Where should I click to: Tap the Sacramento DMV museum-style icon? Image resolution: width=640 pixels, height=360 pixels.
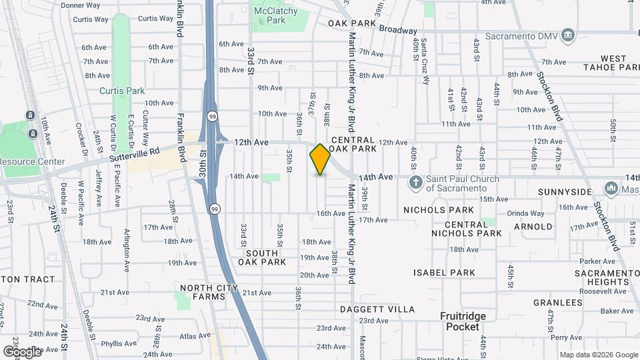pyautogui.click(x=567, y=35)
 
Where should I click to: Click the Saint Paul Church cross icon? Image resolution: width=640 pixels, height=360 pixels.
pyautogui.click(x=415, y=183)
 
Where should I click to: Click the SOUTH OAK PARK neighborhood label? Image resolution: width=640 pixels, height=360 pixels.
pyautogui.click(x=265, y=257)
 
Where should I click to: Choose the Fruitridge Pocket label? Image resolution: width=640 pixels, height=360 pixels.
pyautogui.click(x=463, y=321)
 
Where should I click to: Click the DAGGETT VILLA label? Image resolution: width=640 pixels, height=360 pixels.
pyautogui.click(x=377, y=309)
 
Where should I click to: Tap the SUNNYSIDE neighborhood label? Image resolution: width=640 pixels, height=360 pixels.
pyautogui.click(x=563, y=192)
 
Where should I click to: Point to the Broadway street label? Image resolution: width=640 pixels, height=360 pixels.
pyautogui.click(x=398, y=30)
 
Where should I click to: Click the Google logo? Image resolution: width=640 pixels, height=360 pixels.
pyautogui.click(x=22, y=351)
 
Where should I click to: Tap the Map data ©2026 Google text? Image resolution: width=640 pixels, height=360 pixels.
pyautogui.click(x=598, y=355)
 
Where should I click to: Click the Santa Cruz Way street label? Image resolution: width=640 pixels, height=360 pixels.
pyautogui.click(x=425, y=61)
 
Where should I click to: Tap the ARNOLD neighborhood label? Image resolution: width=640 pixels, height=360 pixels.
pyautogui.click(x=533, y=227)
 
